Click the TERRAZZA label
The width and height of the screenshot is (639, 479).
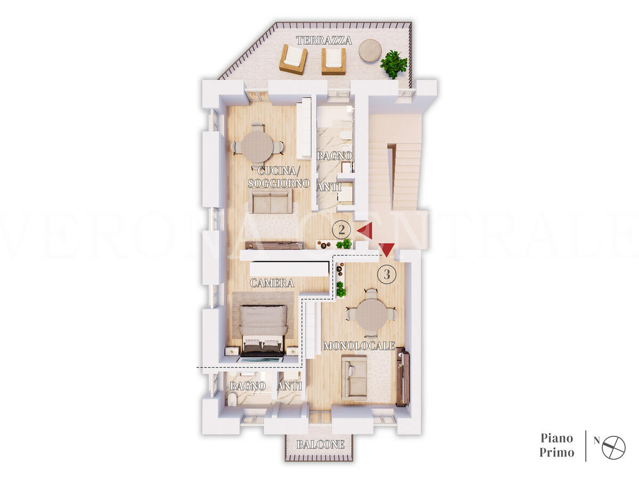pyautogui.click(x=324, y=40)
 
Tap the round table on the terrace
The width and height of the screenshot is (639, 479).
pyautogui.click(x=370, y=51)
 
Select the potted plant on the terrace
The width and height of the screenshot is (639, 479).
pyautogui.click(x=394, y=64)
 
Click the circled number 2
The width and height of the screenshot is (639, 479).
pyautogui.click(x=341, y=230)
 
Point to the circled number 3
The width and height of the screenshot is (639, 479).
pyautogui.click(x=387, y=274)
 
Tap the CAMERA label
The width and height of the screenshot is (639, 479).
pyautogui.click(x=272, y=283)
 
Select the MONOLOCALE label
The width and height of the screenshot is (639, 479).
pyautogui.click(x=359, y=346)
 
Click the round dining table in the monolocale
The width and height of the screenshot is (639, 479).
pyautogui.click(x=372, y=315)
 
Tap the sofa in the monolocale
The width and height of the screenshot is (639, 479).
pyautogui.click(x=354, y=377)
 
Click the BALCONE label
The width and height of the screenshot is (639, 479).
pyautogui.click(x=320, y=444)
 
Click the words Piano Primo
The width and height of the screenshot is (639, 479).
pyautogui.click(x=557, y=445)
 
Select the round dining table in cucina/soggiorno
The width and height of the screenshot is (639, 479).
pyautogui.click(x=257, y=146)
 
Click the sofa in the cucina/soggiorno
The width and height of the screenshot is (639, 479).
pyautogui.click(x=273, y=201)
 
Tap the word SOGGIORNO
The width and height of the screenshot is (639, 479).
pyautogui.click(x=278, y=184)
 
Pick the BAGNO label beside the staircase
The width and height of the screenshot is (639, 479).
pyautogui.click(x=334, y=156)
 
